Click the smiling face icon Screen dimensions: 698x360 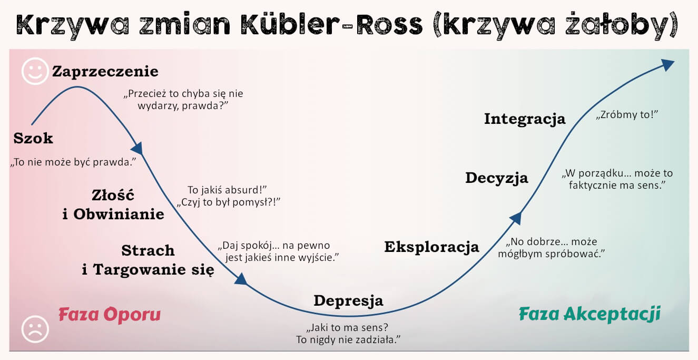[35, 72]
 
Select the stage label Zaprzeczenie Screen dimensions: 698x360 [105, 71]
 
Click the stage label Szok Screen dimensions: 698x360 [33, 139]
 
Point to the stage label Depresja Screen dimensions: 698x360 [348, 300]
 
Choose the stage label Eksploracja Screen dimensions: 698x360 [431, 247]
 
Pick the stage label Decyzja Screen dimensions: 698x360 [496, 178]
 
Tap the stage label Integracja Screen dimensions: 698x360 [524, 119]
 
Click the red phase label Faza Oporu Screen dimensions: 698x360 [109, 315]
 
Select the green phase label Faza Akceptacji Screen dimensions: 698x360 [589, 314]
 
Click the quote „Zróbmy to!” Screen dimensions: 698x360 [628, 115]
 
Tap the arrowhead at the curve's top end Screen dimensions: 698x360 [667, 65]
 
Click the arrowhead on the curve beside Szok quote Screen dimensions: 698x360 [137, 148]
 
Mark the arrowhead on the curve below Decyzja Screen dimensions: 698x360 [516, 218]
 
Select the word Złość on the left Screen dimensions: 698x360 [113, 196]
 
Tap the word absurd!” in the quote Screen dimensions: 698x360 [248, 189]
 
